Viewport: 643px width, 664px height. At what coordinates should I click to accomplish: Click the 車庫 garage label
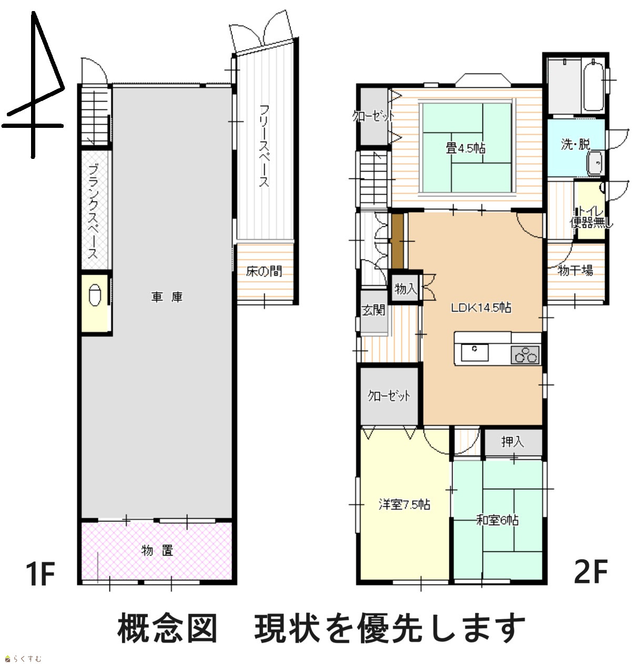(x=167, y=297)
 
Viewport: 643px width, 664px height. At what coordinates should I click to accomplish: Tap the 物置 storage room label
(x=157, y=550)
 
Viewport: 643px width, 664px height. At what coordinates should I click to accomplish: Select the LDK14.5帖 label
(x=481, y=308)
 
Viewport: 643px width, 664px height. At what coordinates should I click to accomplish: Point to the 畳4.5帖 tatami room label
(x=466, y=148)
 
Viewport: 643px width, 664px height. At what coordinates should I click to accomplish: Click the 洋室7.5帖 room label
(x=404, y=504)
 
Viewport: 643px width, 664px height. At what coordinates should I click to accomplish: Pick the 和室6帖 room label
(x=497, y=520)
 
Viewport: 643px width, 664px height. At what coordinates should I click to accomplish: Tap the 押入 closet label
(x=513, y=442)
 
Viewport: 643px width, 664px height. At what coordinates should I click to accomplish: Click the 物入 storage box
(x=405, y=289)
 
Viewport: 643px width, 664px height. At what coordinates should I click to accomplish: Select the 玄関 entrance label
(x=373, y=310)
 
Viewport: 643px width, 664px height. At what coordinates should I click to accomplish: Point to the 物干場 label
(x=576, y=270)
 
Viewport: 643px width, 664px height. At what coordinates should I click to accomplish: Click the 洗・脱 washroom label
(x=576, y=144)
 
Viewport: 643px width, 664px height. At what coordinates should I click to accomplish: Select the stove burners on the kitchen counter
(x=525, y=355)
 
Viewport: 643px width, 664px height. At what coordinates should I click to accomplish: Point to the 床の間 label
(x=264, y=271)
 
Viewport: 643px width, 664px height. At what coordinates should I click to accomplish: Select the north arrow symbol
(x=33, y=85)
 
